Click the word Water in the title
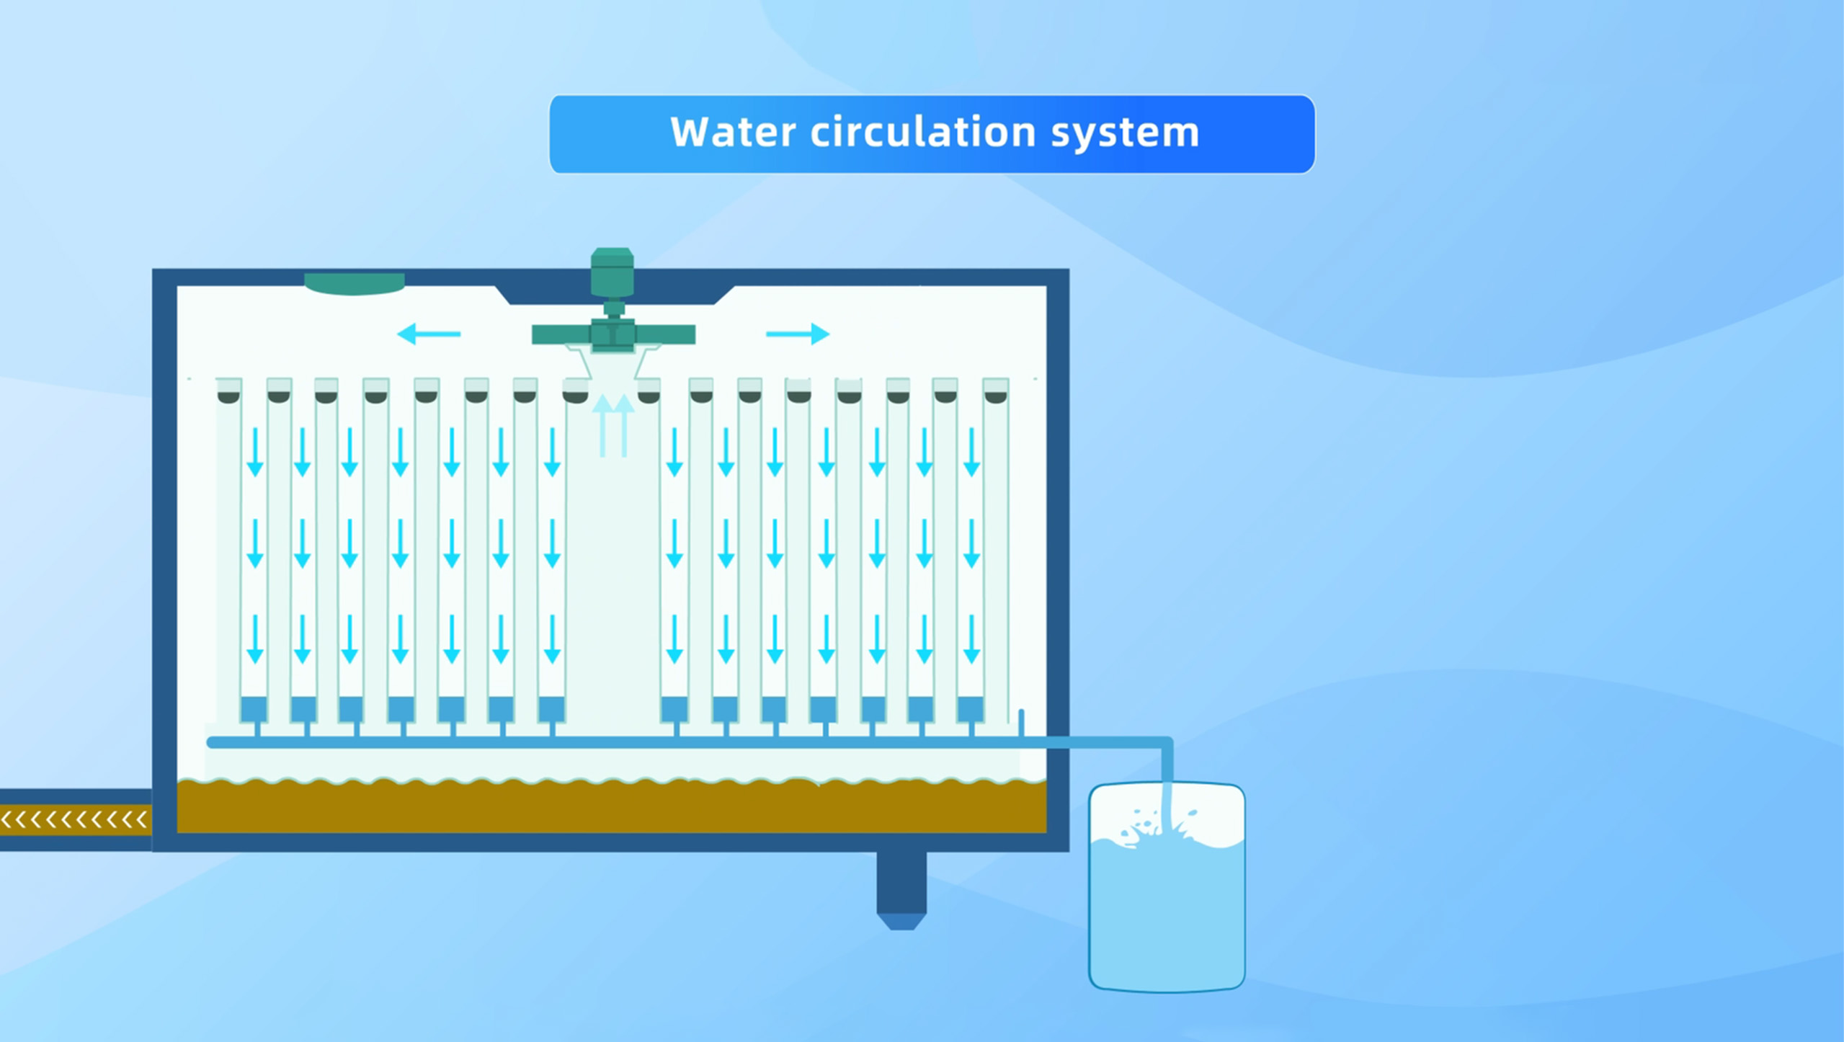coord(733,132)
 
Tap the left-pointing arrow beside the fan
coord(429,334)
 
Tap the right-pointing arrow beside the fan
coord(798,334)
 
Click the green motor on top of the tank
coord(613,272)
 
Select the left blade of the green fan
coord(561,334)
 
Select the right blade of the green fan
coord(665,334)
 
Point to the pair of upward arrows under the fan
coord(613,425)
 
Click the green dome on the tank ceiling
coord(354,283)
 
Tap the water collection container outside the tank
coord(1167,888)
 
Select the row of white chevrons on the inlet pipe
coord(74,819)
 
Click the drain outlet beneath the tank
coord(901,891)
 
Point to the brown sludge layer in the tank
coord(612,806)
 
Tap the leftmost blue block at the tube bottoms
coord(254,709)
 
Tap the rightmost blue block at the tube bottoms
coord(970,709)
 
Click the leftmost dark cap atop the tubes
coord(228,397)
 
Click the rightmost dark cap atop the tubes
coord(995,397)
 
